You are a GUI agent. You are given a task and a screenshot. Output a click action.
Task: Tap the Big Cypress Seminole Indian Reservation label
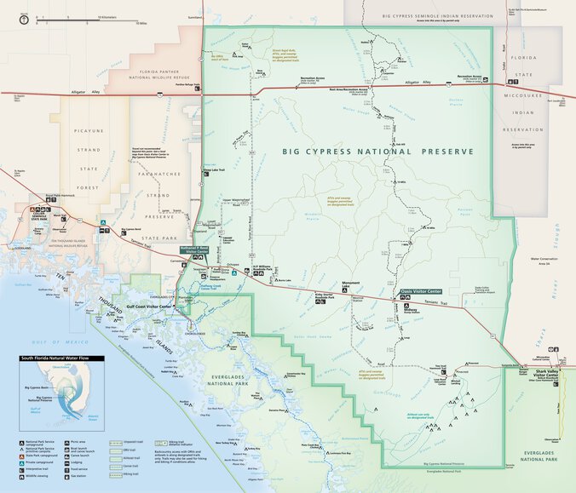click(438, 15)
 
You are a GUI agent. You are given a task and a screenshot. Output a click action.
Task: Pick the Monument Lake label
click(351, 283)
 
